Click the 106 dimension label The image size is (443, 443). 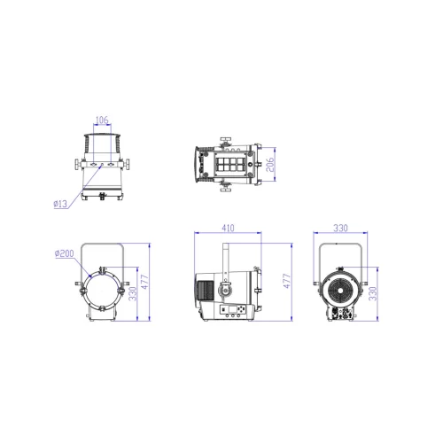click(x=101, y=120)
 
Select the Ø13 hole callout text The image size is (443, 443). click(x=61, y=204)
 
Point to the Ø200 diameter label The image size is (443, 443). click(x=63, y=253)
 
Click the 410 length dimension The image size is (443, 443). click(x=229, y=227)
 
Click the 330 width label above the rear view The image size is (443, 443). click(x=339, y=227)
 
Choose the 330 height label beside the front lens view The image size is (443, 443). click(x=133, y=292)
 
